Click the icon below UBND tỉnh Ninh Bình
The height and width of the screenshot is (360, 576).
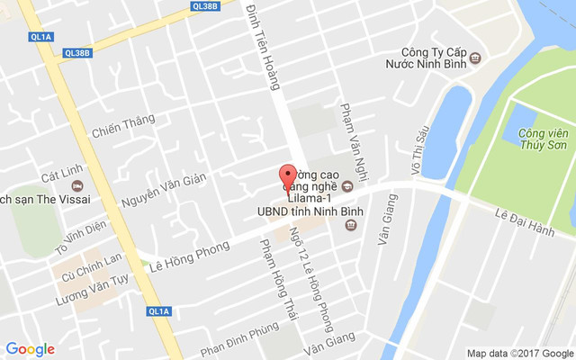347,224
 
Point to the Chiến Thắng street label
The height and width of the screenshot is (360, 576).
123,126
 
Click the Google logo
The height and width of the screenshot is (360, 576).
30,349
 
